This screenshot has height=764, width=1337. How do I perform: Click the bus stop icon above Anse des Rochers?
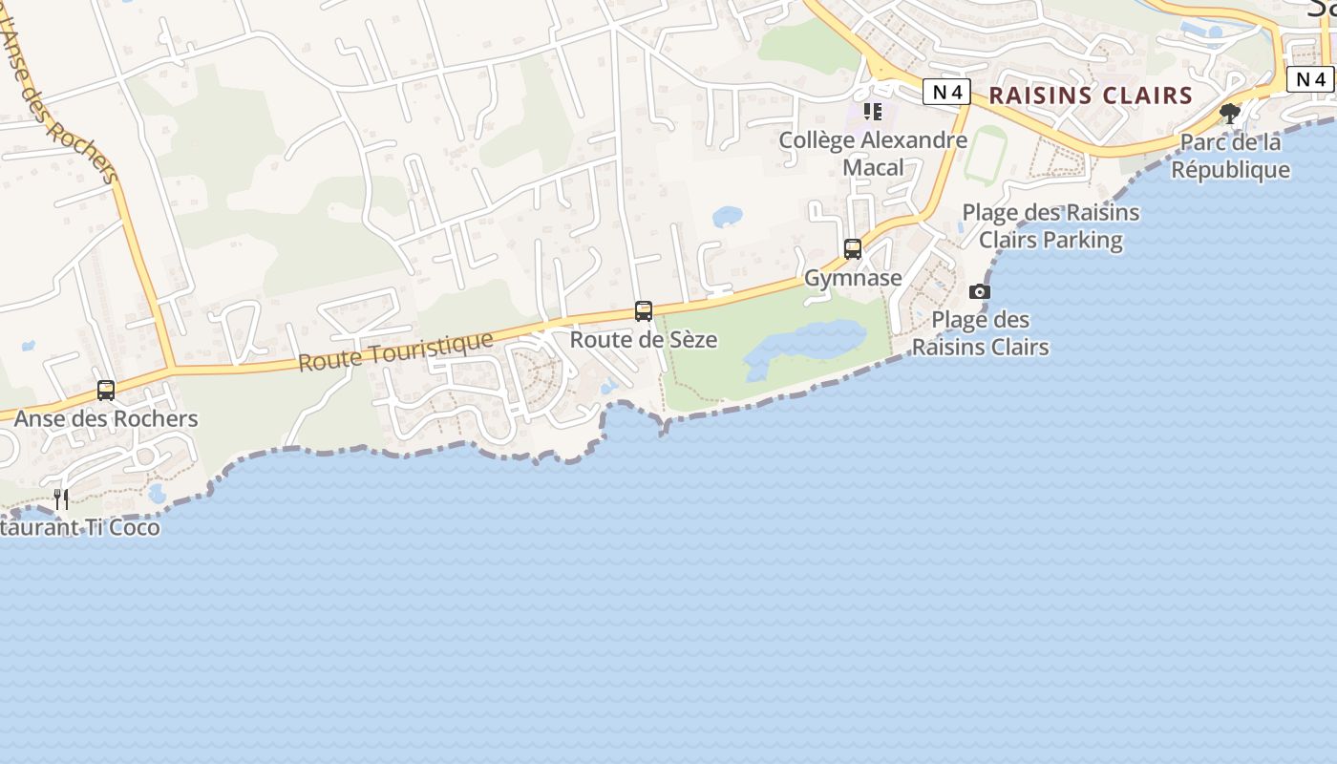point(106,391)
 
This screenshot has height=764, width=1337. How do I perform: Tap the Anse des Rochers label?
point(106,418)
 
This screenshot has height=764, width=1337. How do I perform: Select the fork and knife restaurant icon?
point(61,499)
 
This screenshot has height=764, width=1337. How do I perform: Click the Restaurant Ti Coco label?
point(80,527)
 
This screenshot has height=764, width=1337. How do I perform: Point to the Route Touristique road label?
point(395,351)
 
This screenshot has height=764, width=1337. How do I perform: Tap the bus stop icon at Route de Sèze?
point(644,311)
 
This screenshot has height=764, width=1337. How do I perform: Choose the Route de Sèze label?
point(644,339)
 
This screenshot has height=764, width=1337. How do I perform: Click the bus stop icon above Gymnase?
point(853,249)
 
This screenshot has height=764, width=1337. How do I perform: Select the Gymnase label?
point(853,278)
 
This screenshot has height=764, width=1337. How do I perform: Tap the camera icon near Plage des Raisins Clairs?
point(980,292)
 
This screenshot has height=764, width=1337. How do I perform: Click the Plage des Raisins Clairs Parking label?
point(1050,225)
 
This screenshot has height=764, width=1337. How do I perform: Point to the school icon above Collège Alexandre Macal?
point(873,112)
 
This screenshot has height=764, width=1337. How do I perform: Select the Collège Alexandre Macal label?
point(873,153)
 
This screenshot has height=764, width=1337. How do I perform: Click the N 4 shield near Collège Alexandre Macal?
point(946,92)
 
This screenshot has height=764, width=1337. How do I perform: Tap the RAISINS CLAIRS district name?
point(1091,95)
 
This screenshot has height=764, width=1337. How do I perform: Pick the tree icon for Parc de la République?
point(1230,115)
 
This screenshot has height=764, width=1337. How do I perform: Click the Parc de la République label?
point(1230,156)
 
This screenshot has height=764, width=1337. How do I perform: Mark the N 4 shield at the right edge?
point(1310,79)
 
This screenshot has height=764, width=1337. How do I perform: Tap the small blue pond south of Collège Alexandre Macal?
point(728,217)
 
